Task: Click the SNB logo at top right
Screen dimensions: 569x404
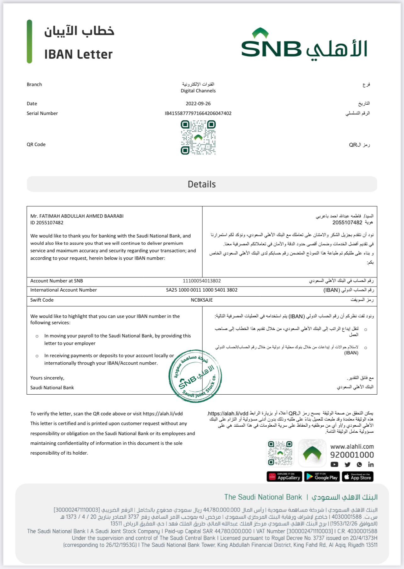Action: [x=304, y=44]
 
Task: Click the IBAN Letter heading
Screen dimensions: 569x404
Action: [x=78, y=54]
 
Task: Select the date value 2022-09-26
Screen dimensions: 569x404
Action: [x=198, y=104]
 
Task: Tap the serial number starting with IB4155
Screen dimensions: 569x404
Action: [x=198, y=113]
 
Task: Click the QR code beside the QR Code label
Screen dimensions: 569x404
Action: [x=198, y=138]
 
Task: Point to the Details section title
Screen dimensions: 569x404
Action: [x=202, y=184]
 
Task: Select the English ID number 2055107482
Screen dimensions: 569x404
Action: [x=50, y=223]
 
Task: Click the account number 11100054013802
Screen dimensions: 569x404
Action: [x=202, y=281]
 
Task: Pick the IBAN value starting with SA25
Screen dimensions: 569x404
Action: [x=202, y=290]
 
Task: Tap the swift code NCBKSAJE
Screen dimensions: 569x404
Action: [x=202, y=300]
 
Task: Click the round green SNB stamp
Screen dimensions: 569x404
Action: [x=195, y=376]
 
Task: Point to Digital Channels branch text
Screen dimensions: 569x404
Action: [x=198, y=91]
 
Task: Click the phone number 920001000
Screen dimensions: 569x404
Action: [x=352, y=455]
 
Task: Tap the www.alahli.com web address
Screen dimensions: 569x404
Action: [x=352, y=446]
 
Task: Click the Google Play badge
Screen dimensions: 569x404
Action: [x=322, y=477]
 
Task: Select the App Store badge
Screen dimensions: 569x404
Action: [x=357, y=477]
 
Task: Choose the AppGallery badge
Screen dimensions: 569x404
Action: [x=284, y=477]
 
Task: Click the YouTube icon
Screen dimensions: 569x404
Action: [x=334, y=464]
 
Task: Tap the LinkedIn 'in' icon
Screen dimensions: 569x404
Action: [x=371, y=464]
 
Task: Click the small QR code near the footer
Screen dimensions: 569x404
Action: [x=280, y=453]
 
